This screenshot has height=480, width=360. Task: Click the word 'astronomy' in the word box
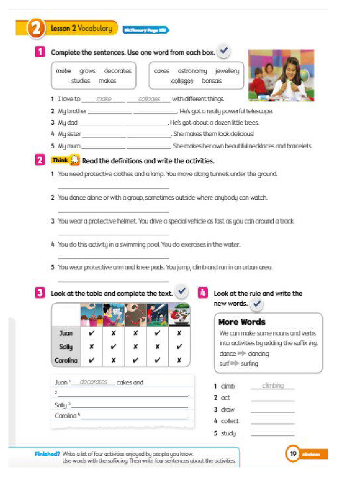point(192,71)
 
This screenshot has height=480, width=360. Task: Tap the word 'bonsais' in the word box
point(212,81)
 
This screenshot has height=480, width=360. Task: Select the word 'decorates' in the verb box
point(118,71)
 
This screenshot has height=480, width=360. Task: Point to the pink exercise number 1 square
point(40,52)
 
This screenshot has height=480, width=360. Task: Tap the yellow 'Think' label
point(60,160)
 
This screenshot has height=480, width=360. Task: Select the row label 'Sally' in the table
point(66,347)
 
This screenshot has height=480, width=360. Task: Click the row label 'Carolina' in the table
point(66,360)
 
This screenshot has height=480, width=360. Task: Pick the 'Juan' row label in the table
point(67,333)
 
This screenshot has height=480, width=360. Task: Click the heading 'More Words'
point(242,322)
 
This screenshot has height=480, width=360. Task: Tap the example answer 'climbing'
point(273,385)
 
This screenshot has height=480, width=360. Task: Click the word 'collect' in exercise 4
point(230,421)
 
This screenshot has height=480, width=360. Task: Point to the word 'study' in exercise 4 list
point(229,433)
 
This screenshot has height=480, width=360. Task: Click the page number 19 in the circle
point(293,454)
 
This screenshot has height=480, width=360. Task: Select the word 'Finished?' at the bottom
point(47,454)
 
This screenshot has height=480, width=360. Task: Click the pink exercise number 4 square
point(203,293)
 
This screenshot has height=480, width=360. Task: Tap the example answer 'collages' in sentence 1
point(149,99)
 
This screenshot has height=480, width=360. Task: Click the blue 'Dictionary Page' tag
point(145,30)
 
